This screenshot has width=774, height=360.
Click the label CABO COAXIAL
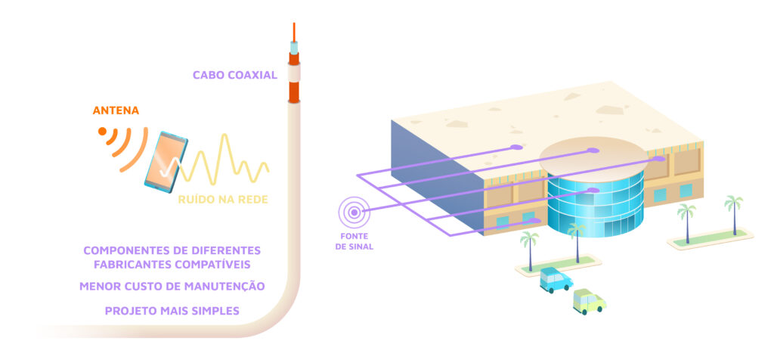point(234,75)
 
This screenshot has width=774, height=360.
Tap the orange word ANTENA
point(116,111)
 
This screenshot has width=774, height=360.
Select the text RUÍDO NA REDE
point(223,200)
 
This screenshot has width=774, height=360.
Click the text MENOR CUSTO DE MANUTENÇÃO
point(172,287)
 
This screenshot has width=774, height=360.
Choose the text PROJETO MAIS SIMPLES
point(172,310)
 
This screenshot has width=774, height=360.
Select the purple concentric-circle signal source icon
point(353,213)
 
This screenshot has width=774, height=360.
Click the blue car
point(556,279)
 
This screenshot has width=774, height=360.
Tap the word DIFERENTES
point(220,250)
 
